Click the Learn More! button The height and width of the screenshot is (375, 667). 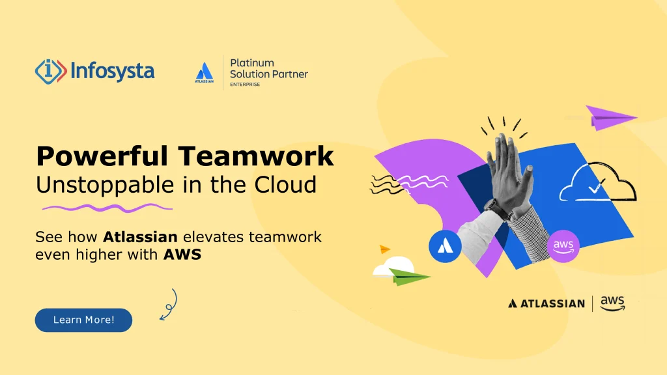83,320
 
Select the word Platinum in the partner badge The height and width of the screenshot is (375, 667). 252,63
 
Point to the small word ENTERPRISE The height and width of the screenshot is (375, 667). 245,84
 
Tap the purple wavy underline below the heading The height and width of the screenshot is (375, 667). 107,208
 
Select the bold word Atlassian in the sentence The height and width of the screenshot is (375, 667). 140,237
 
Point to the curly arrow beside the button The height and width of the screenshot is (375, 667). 169,305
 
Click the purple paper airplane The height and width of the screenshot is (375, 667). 608,117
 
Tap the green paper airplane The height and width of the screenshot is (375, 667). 409,277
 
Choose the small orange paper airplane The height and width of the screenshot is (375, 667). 384,249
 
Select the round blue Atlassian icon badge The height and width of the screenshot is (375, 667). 445,246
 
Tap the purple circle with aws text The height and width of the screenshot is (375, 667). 562,245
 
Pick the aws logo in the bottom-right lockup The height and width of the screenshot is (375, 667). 612,303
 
